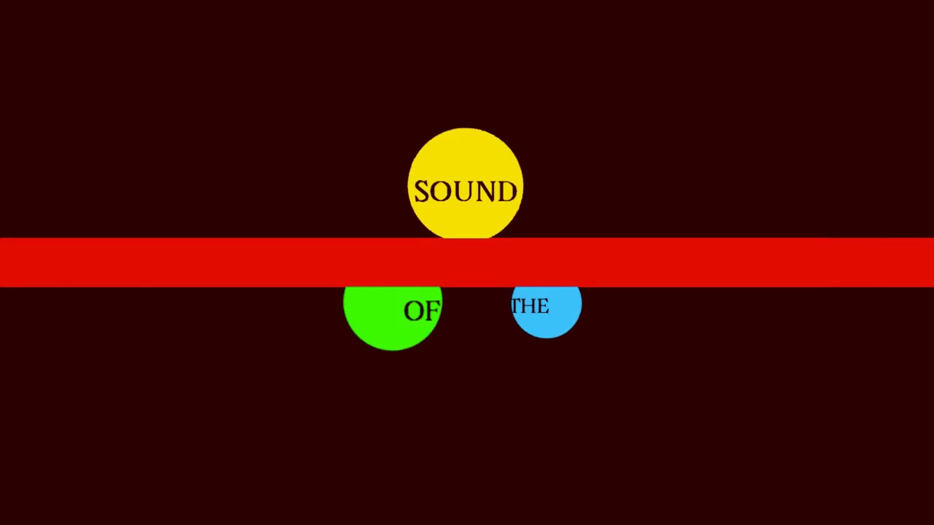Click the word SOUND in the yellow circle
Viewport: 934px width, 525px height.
click(466, 192)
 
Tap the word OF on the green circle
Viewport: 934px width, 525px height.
click(422, 311)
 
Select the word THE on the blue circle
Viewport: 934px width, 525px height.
click(530, 306)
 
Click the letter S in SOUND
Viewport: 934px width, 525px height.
click(421, 192)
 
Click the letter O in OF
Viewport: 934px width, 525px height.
click(414, 311)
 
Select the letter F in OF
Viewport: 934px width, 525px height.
click(432, 311)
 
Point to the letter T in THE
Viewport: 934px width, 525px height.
click(517, 306)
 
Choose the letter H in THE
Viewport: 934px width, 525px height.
click(529, 306)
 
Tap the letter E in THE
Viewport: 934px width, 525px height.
click(542, 306)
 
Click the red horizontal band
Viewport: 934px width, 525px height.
click(219, 262)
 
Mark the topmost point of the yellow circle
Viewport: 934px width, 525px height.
click(466, 128)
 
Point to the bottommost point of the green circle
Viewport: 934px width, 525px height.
click(393, 351)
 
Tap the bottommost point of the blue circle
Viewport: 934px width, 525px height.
click(547, 338)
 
